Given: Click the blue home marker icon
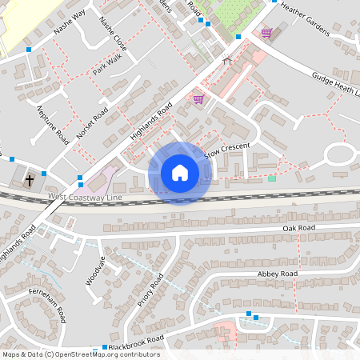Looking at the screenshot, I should click(179, 173).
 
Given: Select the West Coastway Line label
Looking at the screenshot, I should click(84, 196).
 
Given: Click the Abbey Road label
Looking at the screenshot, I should click(277, 274).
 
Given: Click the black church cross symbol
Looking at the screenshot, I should click(30, 180).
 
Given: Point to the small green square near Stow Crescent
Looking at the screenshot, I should click(272, 178).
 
